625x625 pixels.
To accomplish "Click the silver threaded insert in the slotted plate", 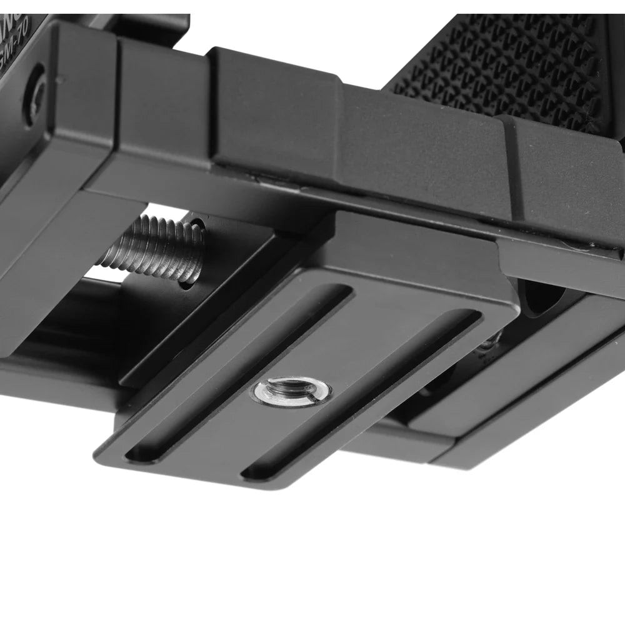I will coord(291,393).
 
